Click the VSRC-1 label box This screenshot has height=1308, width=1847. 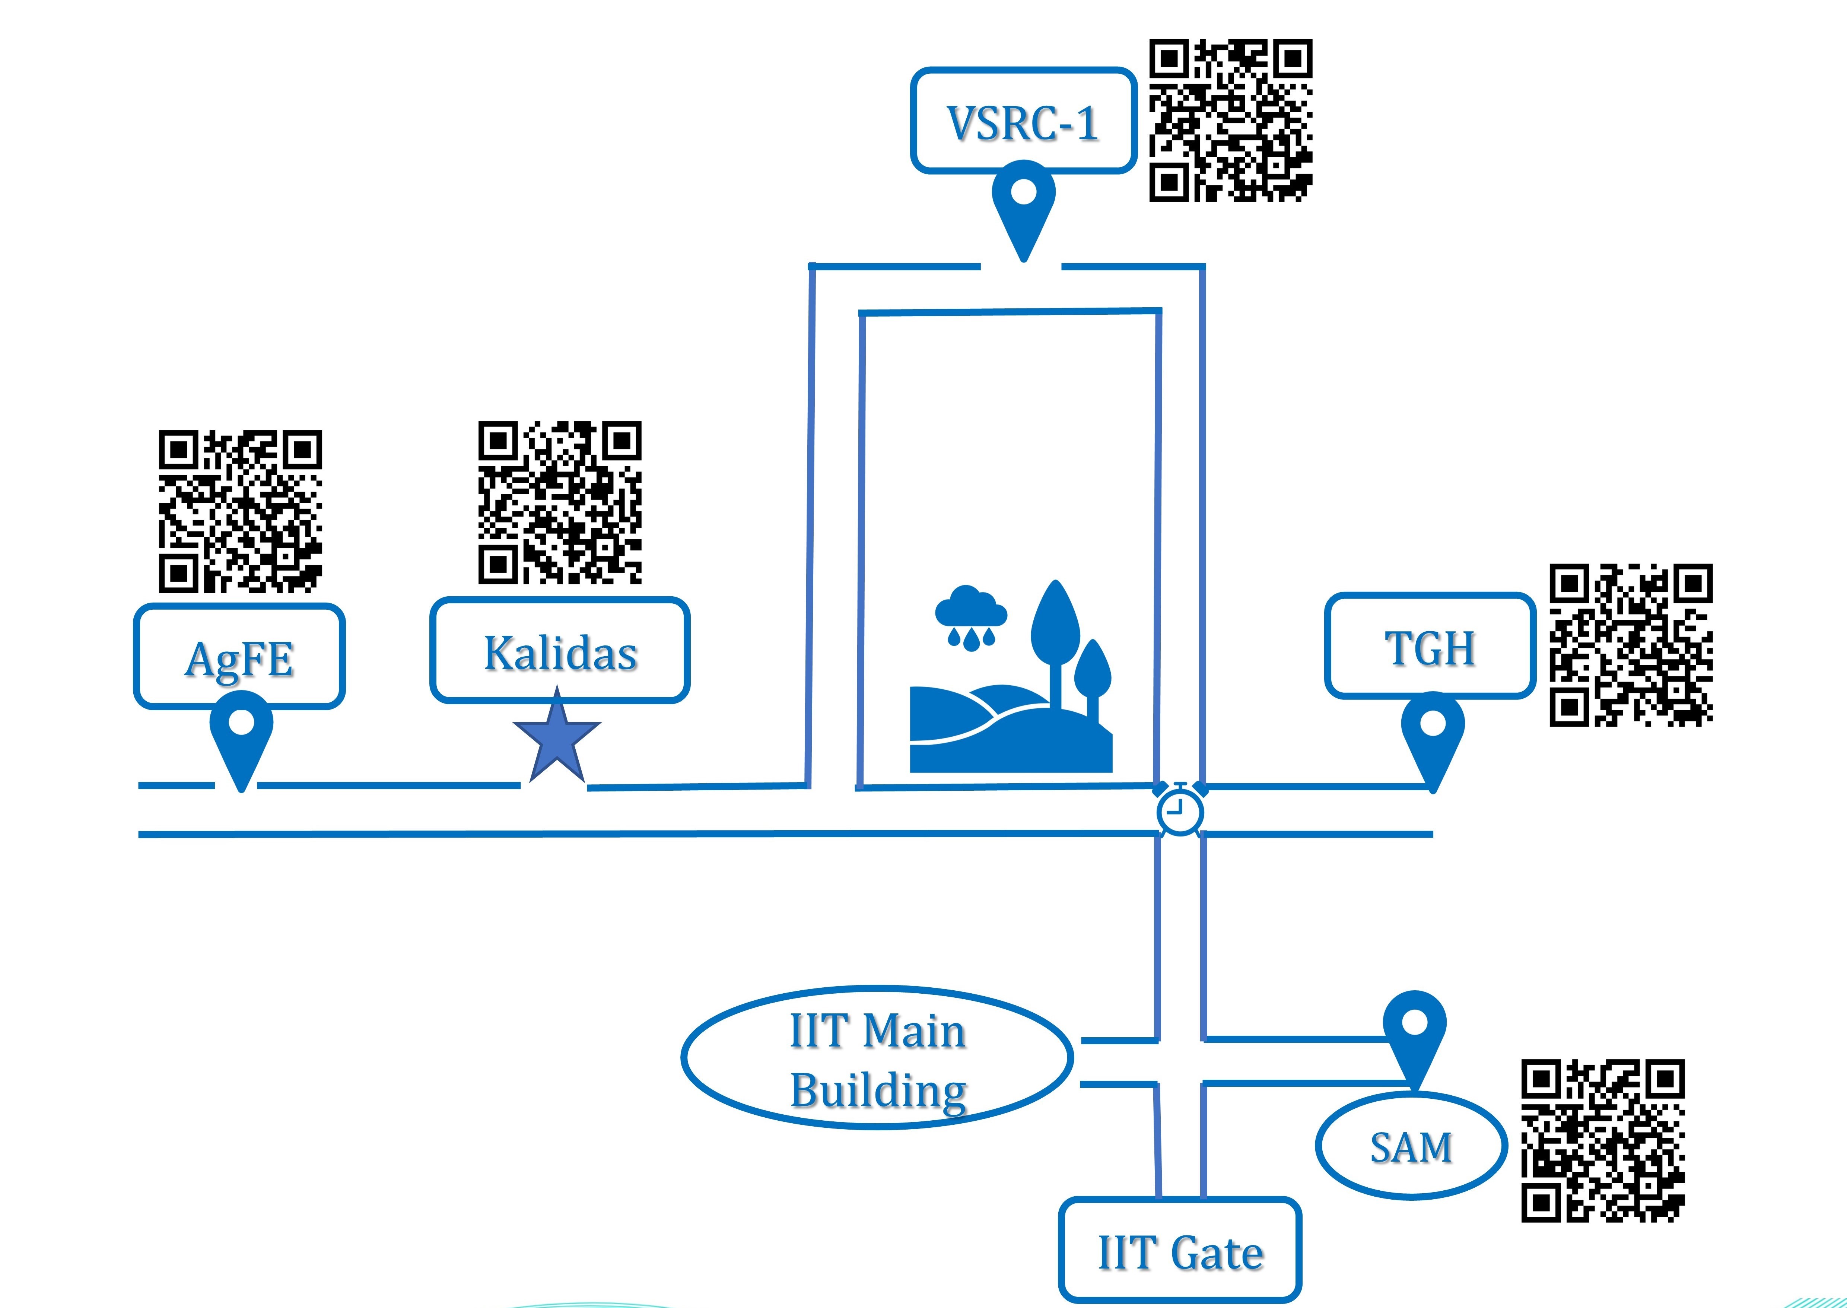point(1023,121)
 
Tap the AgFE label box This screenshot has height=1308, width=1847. point(239,656)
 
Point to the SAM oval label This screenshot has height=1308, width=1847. point(1411,1146)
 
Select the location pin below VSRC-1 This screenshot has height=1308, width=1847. point(1023,201)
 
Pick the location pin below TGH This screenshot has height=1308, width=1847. point(1432,733)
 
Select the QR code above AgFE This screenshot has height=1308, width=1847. point(240,511)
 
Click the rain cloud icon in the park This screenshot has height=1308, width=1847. point(970,616)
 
